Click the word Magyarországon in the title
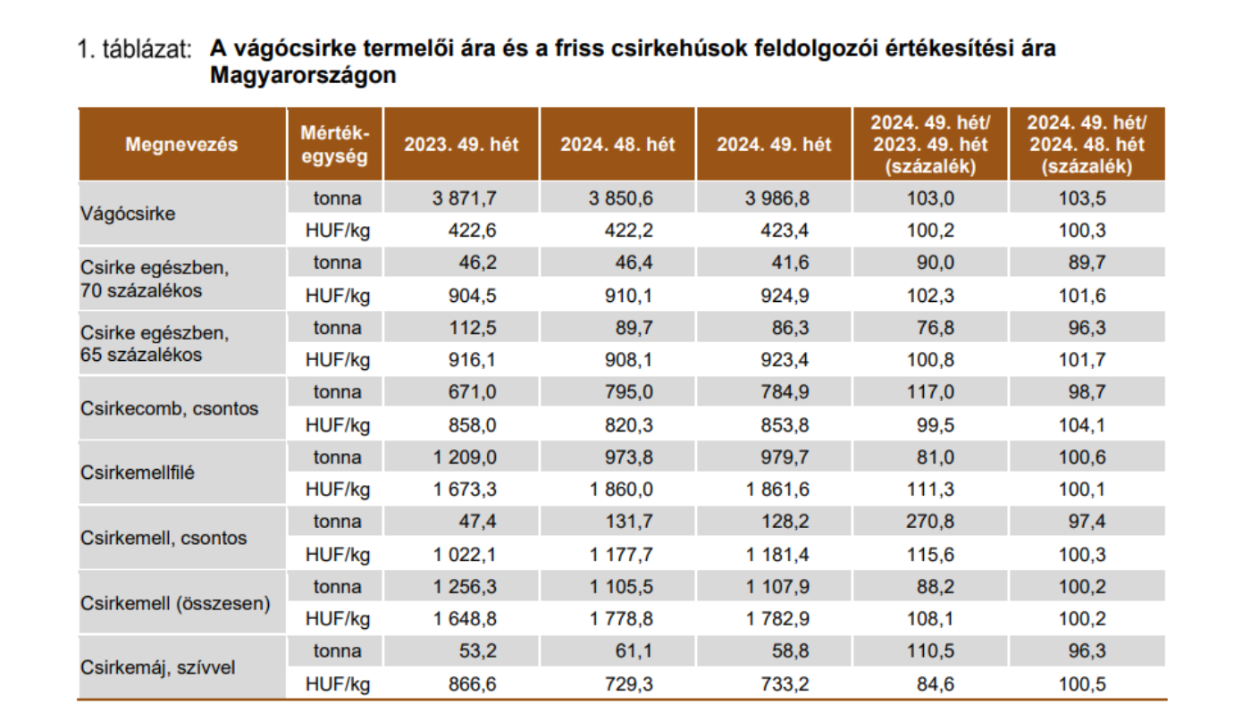click(302, 76)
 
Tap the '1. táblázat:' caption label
click(135, 50)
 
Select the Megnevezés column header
click(182, 145)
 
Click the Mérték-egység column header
click(335, 145)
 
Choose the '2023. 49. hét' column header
click(461, 145)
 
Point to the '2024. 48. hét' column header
click(617, 145)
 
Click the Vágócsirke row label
click(128, 214)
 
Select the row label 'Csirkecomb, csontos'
click(170, 408)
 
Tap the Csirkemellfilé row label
click(138, 473)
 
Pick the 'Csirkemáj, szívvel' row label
click(159, 666)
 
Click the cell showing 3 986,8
click(777, 198)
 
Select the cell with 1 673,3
click(465, 490)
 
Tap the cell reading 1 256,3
click(465, 587)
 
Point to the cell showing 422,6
click(473, 230)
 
